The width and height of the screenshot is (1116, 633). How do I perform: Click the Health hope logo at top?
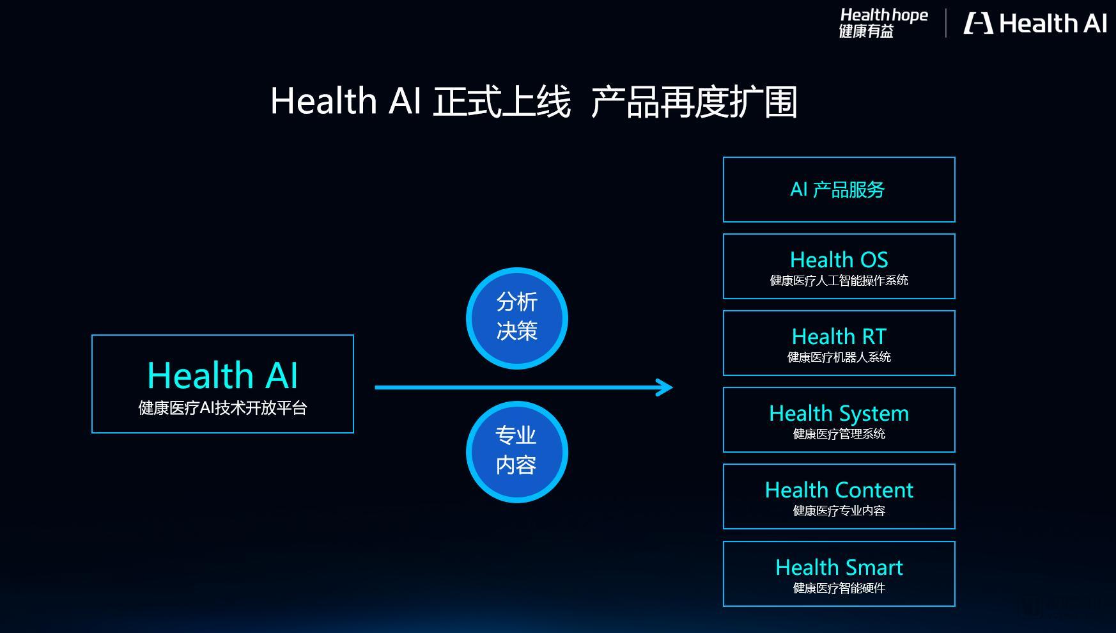[883, 23]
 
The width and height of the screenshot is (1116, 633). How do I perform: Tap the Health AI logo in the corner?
[1035, 24]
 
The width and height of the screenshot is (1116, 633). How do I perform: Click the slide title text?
[534, 102]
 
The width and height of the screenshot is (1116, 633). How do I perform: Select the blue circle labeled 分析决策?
[517, 318]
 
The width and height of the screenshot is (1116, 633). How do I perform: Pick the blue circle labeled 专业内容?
[517, 451]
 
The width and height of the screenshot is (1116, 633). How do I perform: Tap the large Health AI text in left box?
[222, 375]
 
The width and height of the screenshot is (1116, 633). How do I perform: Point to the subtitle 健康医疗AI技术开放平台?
[222, 408]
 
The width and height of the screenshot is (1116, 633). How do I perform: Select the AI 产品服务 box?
[839, 189]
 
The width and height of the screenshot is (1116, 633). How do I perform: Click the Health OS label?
[839, 260]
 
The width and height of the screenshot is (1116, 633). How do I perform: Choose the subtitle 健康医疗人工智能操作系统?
[839, 280]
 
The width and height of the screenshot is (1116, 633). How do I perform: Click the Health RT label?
[839, 336]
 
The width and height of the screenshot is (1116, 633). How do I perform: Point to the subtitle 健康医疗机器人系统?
[839, 357]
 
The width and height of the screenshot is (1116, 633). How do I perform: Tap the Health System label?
[839, 414]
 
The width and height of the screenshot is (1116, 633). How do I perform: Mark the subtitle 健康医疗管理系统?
[839, 434]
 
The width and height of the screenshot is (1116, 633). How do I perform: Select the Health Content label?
[839, 490]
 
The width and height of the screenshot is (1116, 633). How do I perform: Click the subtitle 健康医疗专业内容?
[839, 510]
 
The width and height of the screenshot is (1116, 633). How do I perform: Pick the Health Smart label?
[839, 567]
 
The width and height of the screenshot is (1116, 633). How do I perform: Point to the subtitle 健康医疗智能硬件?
[839, 588]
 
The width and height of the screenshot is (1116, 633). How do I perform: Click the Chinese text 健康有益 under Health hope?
[866, 31]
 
